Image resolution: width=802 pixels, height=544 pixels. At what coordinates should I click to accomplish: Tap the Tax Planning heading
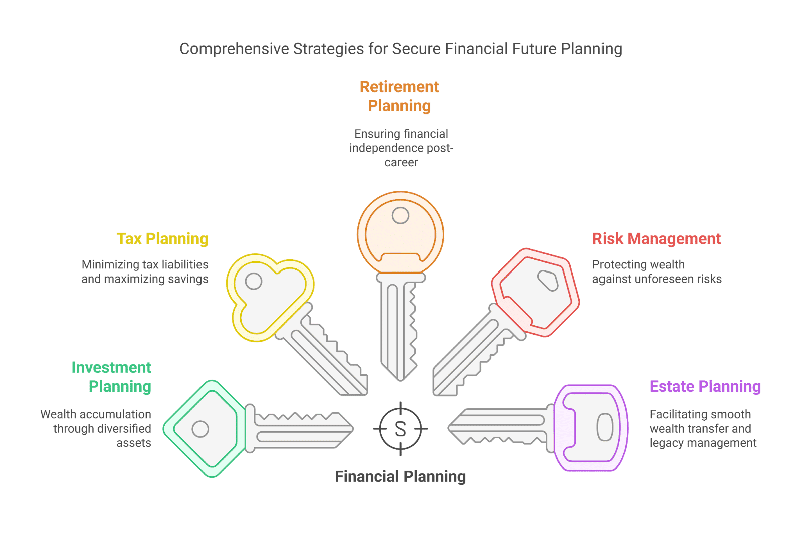point(162,239)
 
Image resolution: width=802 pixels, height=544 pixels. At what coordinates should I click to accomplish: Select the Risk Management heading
point(657,239)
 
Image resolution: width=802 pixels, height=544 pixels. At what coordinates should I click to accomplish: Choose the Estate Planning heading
point(705,386)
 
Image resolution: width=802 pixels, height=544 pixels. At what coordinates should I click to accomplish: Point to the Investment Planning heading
point(111,377)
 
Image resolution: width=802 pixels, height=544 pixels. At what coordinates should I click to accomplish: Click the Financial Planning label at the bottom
point(400,476)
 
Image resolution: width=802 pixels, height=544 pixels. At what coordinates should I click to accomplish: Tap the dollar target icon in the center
point(400,429)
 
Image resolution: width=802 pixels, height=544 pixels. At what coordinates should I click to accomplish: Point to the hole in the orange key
point(400,216)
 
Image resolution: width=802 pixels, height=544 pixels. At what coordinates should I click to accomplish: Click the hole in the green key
point(200,429)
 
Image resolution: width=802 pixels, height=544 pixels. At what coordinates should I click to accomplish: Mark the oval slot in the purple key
point(605,427)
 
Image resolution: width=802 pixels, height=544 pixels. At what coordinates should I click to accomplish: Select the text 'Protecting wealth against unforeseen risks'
point(657,271)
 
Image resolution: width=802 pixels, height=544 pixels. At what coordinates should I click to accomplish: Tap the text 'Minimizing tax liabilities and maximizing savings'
point(145,271)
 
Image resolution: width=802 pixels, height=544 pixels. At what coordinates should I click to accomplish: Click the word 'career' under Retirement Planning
point(401,162)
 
